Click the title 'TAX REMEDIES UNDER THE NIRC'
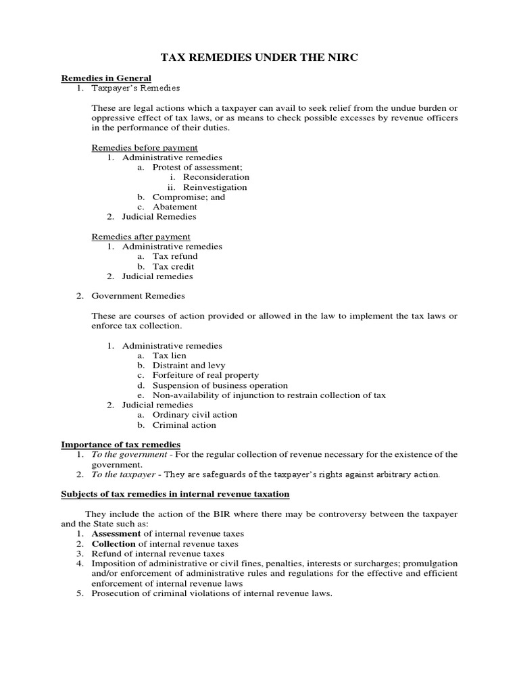(x=259, y=58)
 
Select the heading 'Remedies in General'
(x=106, y=78)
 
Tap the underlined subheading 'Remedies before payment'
(x=145, y=147)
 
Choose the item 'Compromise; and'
(x=189, y=197)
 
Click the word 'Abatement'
(x=174, y=207)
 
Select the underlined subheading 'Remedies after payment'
(x=141, y=237)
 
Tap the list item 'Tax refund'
(x=175, y=256)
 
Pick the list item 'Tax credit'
(x=173, y=266)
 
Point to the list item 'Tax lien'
(x=169, y=355)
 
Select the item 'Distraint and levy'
(x=189, y=366)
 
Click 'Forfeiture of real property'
(x=205, y=375)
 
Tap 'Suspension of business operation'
(x=220, y=385)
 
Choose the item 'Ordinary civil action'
(x=195, y=415)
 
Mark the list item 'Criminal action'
(x=184, y=425)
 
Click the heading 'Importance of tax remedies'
(x=121, y=444)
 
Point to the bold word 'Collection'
(x=114, y=543)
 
